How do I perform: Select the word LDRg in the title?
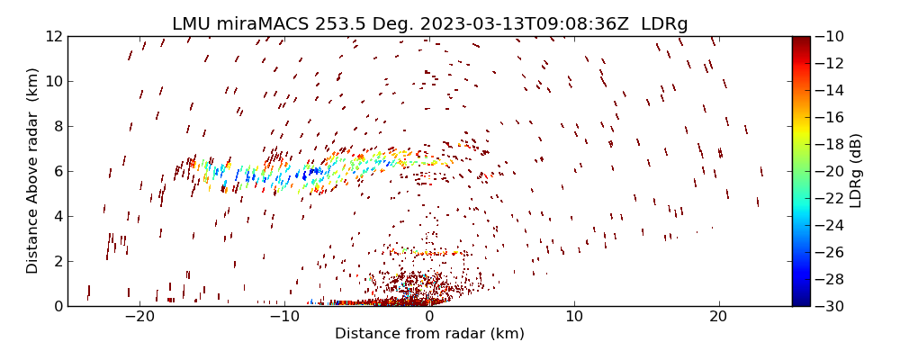point(664,24)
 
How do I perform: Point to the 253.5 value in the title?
point(328,24)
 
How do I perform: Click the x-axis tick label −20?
point(139,317)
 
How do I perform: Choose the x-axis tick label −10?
point(284,317)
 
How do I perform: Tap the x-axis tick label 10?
point(573,317)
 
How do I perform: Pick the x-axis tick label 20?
point(718,317)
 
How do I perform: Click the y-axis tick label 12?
point(52,36)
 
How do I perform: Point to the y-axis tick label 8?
point(56,126)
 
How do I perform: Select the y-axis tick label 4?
point(56,216)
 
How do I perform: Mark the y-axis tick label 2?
point(56,261)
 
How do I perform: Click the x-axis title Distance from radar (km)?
point(429,334)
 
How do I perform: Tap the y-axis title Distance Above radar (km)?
point(33,171)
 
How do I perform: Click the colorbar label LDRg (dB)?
point(856,171)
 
